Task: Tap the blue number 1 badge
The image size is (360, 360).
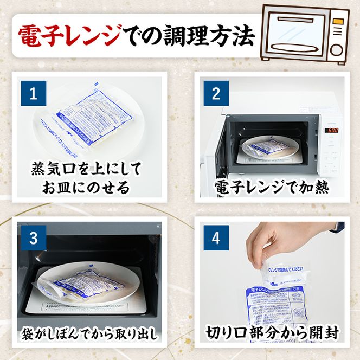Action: (33, 94)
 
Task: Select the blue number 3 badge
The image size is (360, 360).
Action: (33, 237)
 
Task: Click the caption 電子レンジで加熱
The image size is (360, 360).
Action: (272, 188)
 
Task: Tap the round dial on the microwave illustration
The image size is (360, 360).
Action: (337, 50)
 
